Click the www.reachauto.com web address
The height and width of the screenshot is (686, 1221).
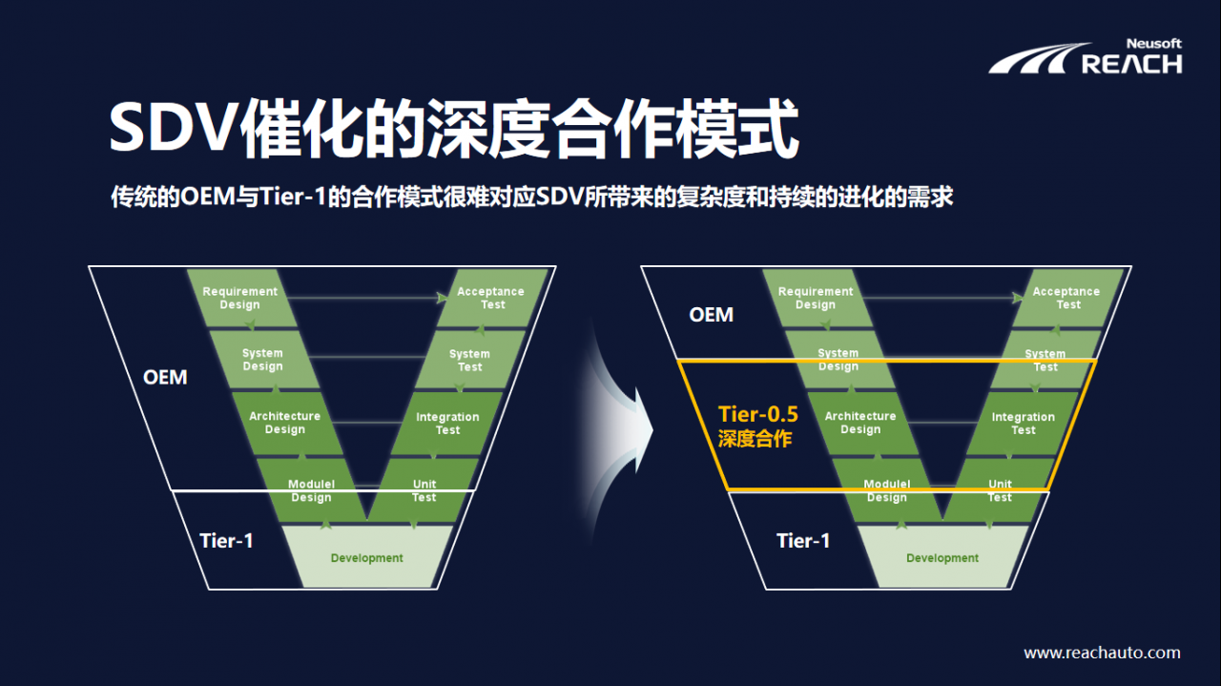pyautogui.click(x=1102, y=654)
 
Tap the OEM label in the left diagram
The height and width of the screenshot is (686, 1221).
pyautogui.click(x=165, y=378)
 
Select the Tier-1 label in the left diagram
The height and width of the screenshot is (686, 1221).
pyautogui.click(x=226, y=541)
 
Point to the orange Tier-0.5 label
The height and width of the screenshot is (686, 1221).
pyautogui.click(x=757, y=414)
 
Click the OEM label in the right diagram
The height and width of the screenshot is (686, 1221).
pyautogui.click(x=711, y=314)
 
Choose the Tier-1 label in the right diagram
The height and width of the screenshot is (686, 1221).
pyautogui.click(x=803, y=541)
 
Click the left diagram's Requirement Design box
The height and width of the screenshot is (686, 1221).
pyautogui.click(x=240, y=298)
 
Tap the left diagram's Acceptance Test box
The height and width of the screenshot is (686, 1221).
pyautogui.click(x=491, y=298)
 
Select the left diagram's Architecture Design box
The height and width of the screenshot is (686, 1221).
pyautogui.click(x=284, y=423)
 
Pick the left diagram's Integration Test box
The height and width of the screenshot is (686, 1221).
pyautogui.click(x=447, y=423)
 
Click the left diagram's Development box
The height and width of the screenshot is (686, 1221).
pyautogui.click(x=366, y=558)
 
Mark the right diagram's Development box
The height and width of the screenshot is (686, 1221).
pyautogui.click(x=942, y=558)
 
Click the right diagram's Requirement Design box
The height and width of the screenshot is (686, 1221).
pyautogui.click(x=816, y=298)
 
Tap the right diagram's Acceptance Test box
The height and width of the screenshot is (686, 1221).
pyautogui.click(x=1066, y=298)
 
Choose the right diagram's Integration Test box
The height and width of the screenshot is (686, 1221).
pyautogui.click(x=1023, y=423)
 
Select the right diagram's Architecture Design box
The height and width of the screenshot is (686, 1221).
pyautogui.click(x=860, y=423)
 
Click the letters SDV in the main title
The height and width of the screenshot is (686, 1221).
pyautogui.click(x=170, y=128)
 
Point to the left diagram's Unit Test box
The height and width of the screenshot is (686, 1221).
pyautogui.click(x=424, y=490)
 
